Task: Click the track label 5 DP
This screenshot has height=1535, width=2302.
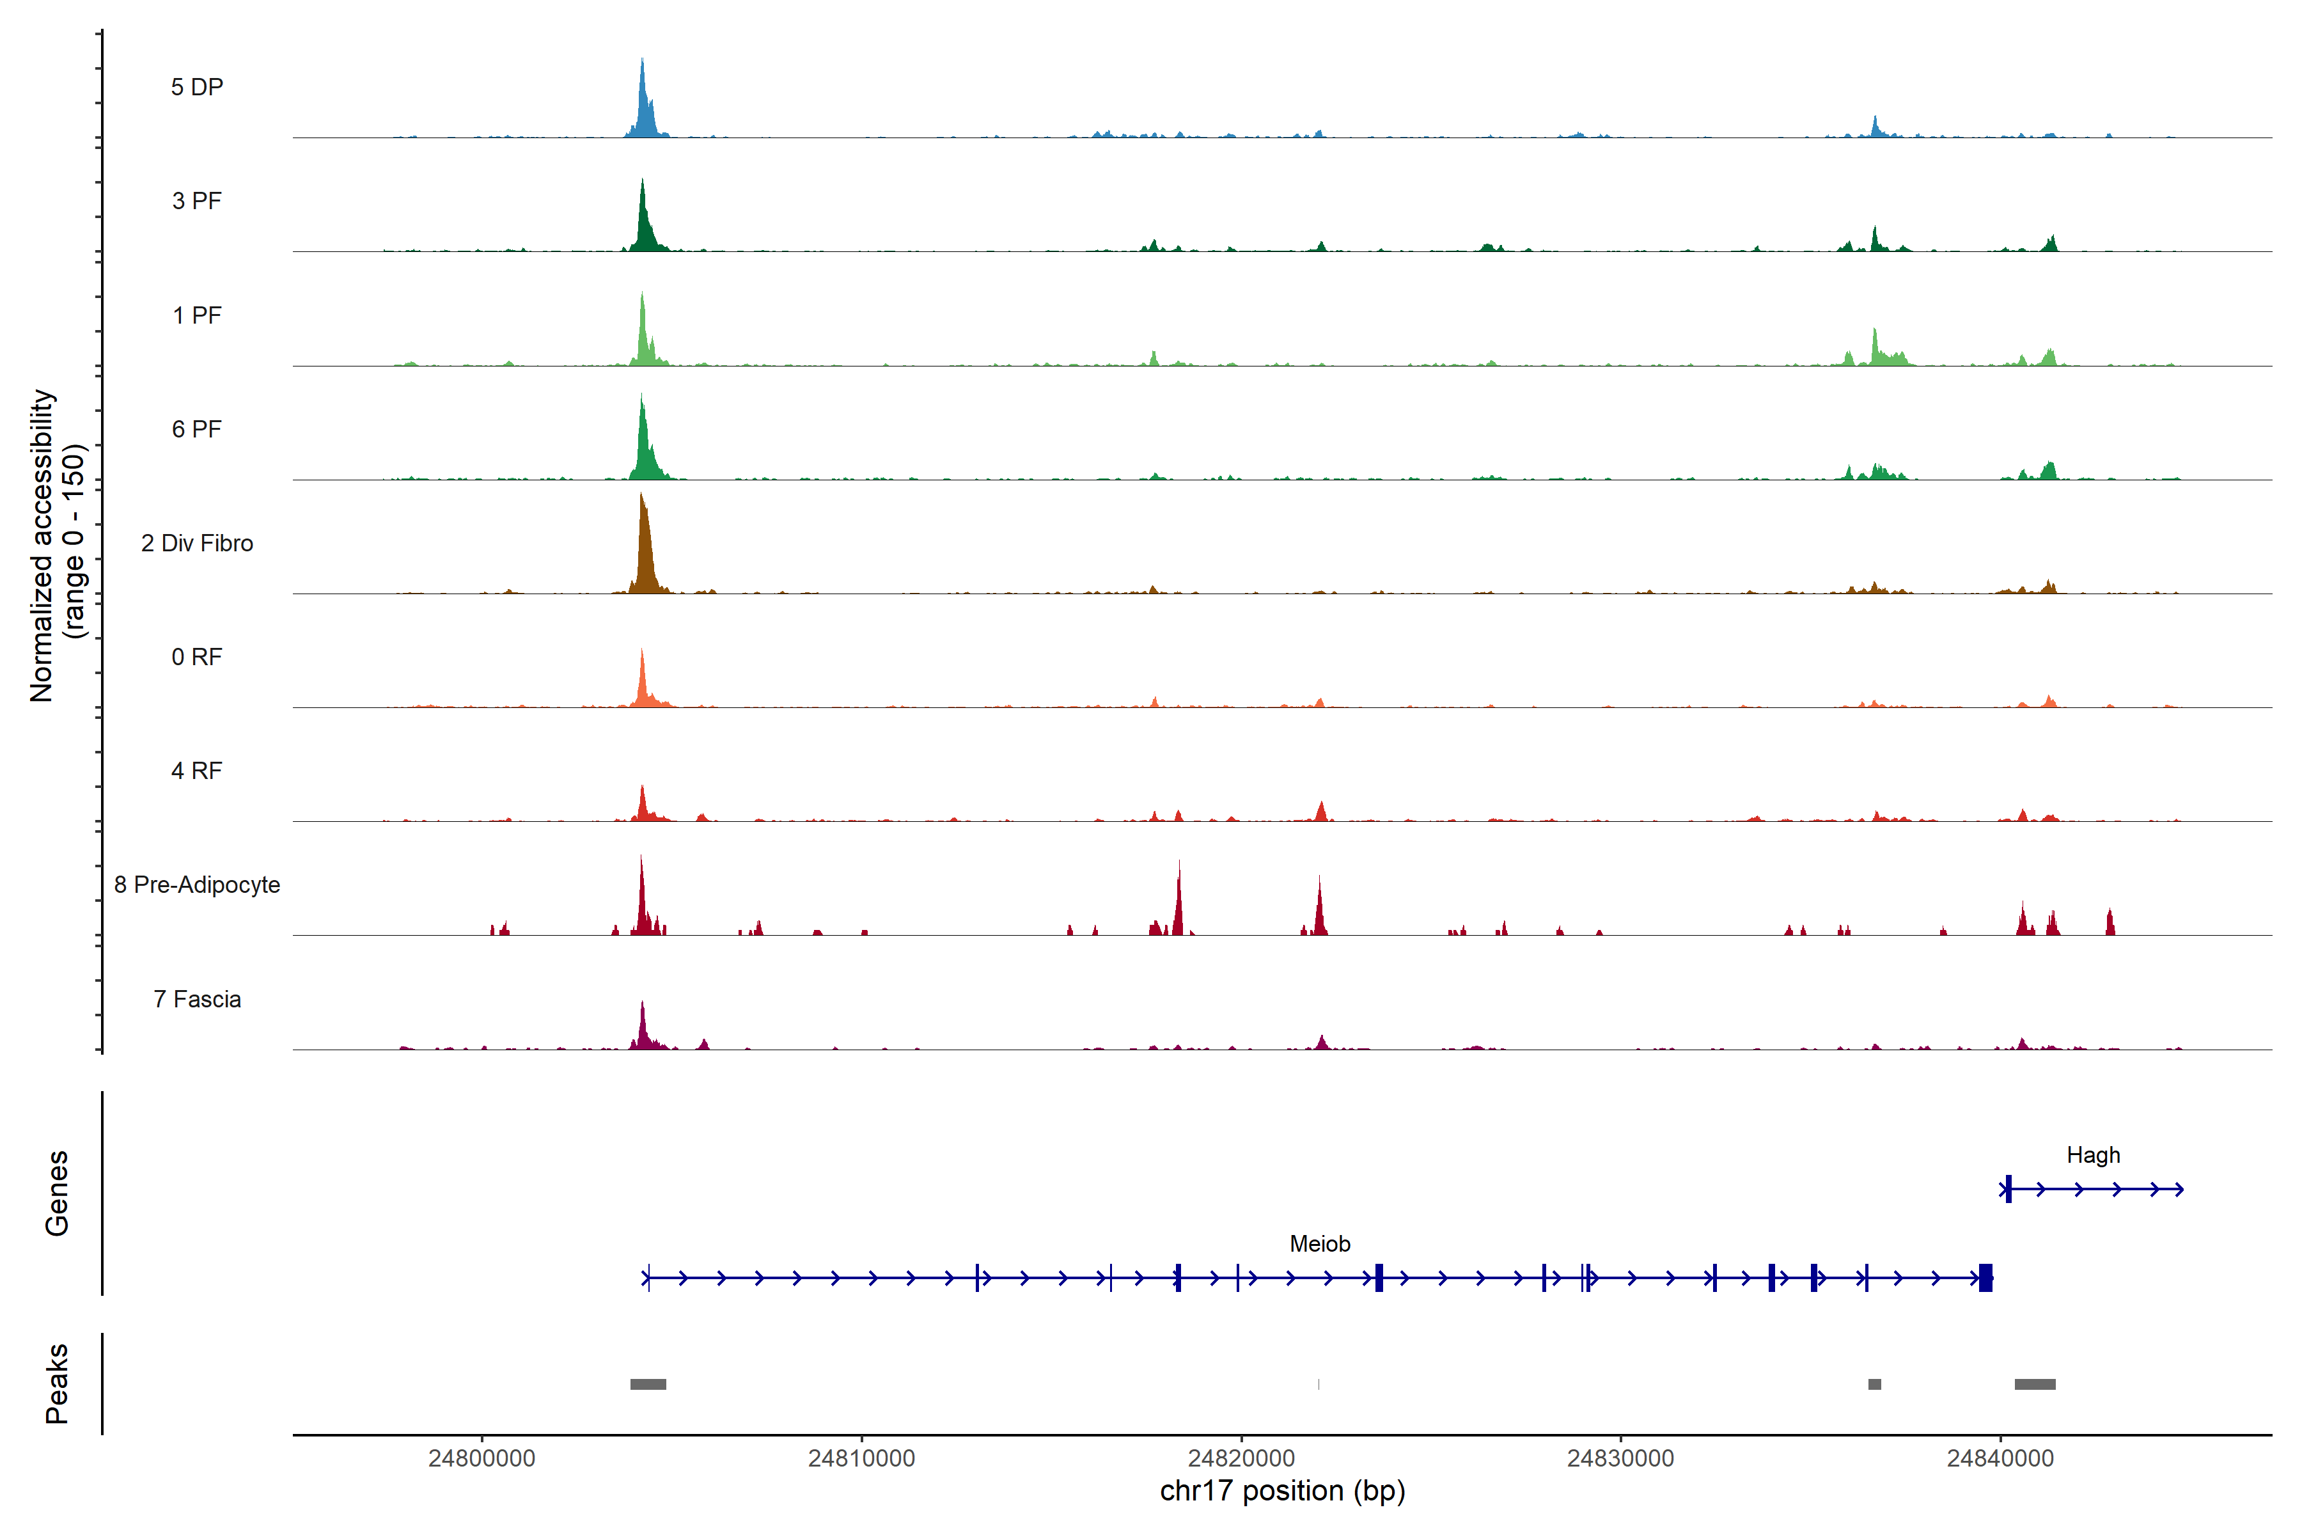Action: [x=197, y=87]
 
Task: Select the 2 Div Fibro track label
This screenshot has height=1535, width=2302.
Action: [x=197, y=543]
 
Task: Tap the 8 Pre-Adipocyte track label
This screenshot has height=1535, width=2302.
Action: [x=197, y=885]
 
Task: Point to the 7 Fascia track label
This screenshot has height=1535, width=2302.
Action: [x=197, y=1000]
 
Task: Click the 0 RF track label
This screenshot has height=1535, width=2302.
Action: [x=197, y=657]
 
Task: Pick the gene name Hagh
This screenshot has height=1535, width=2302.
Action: [x=2092, y=1155]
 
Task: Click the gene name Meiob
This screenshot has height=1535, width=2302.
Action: [x=1319, y=1244]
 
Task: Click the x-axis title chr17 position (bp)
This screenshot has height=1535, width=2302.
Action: [x=1282, y=1491]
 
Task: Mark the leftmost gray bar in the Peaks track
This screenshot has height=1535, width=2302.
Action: [x=648, y=1384]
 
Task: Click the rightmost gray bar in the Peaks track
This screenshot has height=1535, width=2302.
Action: [x=2035, y=1384]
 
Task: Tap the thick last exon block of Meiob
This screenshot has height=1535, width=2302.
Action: [x=1985, y=1277]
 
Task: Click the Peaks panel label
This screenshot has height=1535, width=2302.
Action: [x=57, y=1383]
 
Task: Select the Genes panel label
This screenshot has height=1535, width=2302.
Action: [x=57, y=1193]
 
